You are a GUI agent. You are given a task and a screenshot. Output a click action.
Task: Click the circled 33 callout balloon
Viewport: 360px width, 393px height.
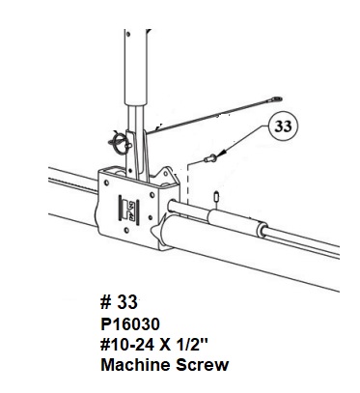point(283,127)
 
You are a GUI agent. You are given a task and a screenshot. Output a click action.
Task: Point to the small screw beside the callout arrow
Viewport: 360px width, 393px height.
point(210,158)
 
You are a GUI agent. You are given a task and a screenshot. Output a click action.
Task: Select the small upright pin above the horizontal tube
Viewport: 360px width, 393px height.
point(216,197)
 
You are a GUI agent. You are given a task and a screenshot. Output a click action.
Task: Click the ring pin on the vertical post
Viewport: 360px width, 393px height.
point(119,142)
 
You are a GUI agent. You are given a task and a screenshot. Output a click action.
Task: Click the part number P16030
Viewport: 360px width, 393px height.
point(130,323)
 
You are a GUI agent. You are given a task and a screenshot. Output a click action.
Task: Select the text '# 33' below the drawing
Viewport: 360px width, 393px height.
point(119,302)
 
